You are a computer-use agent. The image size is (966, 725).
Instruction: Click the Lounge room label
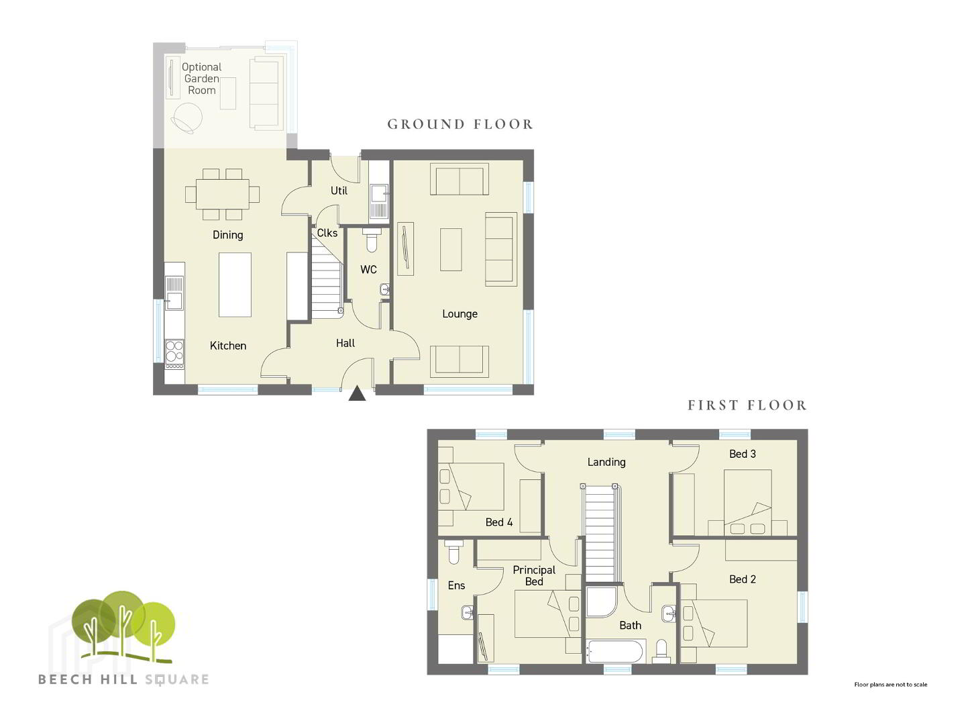[x=460, y=314]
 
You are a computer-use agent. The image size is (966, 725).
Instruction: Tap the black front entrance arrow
[x=357, y=393]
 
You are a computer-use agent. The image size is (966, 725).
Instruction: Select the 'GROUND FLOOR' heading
[x=460, y=124]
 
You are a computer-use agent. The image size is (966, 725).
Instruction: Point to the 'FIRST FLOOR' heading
[x=747, y=405]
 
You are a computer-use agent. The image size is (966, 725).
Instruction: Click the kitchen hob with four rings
[x=174, y=354]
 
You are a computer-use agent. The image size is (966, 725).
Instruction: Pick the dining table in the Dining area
[x=222, y=194]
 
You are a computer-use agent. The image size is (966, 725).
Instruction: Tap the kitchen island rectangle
[x=235, y=285]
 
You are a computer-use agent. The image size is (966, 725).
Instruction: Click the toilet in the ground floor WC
[x=372, y=240]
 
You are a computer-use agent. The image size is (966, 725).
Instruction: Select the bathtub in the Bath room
[x=616, y=651]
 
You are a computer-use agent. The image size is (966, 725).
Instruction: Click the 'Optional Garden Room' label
[x=201, y=79]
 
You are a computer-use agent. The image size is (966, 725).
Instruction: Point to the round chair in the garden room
[x=187, y=118]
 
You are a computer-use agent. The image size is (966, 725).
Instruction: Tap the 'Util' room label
[x=339, y=191]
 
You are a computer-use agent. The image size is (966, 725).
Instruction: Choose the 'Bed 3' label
[x=743, y=454]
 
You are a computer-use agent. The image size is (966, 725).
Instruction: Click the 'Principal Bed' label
[x=534, y=576]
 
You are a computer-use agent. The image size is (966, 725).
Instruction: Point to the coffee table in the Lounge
[x=451, y=250]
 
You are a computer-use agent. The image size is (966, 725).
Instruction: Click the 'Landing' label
[x=606, y=463]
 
